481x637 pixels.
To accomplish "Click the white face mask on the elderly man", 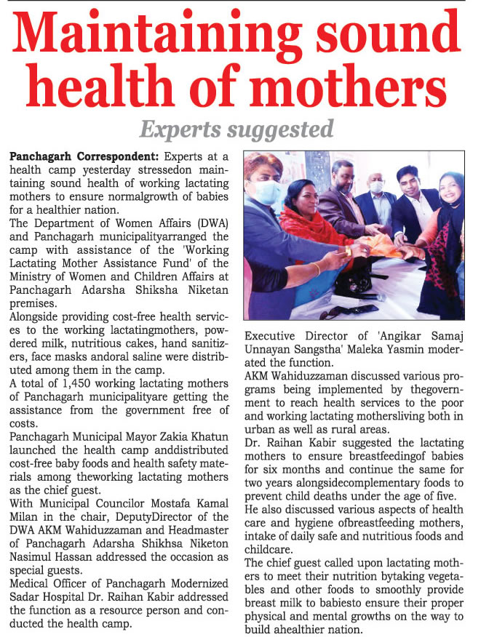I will (376, 187).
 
